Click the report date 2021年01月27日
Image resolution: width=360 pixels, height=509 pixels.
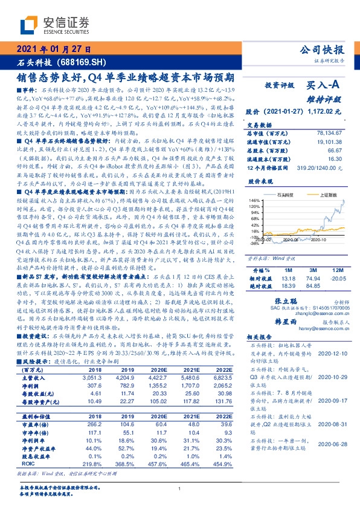tap(53, 50)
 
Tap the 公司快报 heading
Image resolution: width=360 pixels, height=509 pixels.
tap(324, 50)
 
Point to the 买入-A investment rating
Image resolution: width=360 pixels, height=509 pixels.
tap(315, 86)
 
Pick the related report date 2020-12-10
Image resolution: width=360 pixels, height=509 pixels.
tap(334, 352)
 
